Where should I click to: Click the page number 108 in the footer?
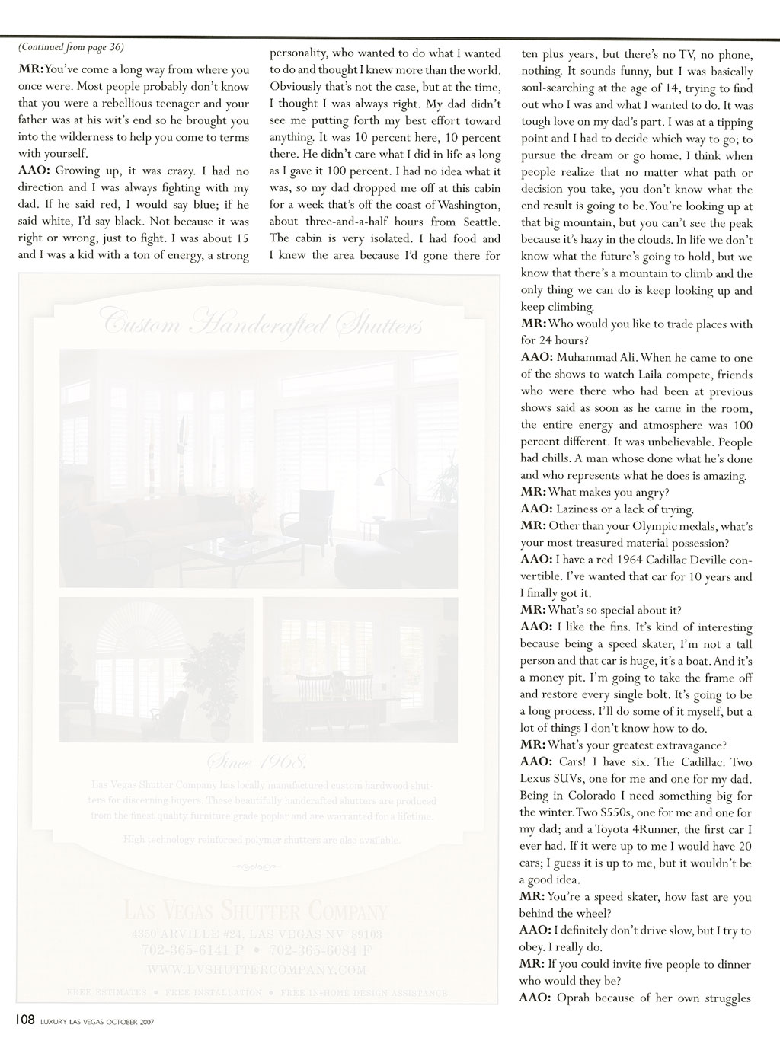click(x=21, y=1020)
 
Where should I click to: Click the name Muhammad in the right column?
click(x=590, y=358)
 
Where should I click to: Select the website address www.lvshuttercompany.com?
click(x=254, y=970)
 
